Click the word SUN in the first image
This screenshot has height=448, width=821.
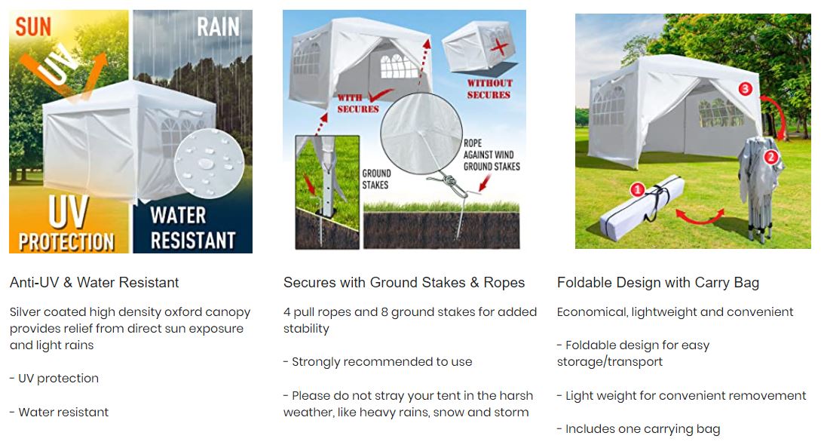click(33, 26)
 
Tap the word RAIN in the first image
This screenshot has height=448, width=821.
click(218, 26)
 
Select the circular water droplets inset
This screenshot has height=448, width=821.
click(210, 164)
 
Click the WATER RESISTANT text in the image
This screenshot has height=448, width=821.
click(193, 228)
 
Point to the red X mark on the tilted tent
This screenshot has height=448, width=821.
click(499, 48)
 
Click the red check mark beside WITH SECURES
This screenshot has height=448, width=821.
click(381, 95)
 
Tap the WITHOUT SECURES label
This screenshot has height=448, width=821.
click(489, 89)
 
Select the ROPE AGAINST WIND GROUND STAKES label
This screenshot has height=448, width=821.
click(492, 155)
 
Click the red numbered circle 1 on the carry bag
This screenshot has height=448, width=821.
click(637, 189)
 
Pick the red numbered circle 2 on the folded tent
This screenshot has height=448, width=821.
click(770, 157)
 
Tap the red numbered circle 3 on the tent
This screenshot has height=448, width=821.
click(745, 88)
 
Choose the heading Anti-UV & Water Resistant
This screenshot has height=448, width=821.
click(94, 282)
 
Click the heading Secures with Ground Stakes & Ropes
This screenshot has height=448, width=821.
click(403, 282)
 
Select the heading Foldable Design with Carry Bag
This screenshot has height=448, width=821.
click(657, 283)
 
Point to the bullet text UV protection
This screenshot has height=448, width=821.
click(58, 379)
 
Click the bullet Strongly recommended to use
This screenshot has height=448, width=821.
click(381, 361)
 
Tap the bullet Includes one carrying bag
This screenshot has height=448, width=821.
click(642, 428)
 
